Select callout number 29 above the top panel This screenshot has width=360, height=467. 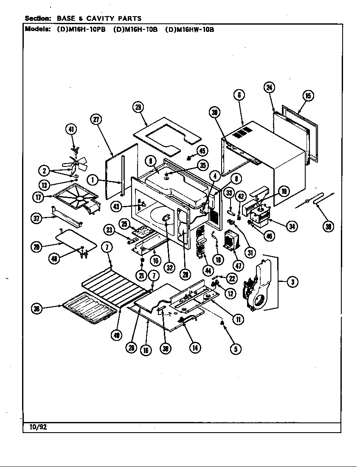click(138, 107)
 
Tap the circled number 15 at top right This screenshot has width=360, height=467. click(308, 96)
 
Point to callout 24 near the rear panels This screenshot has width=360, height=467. click(269, 87)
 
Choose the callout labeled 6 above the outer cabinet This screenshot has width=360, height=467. click(239, 96)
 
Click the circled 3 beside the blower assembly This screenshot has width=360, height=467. click(292, 281)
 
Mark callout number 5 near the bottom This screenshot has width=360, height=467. click(236, 349)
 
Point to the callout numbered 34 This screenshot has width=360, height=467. click(292, 226)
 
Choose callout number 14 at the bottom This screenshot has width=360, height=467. click(195, 348)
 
